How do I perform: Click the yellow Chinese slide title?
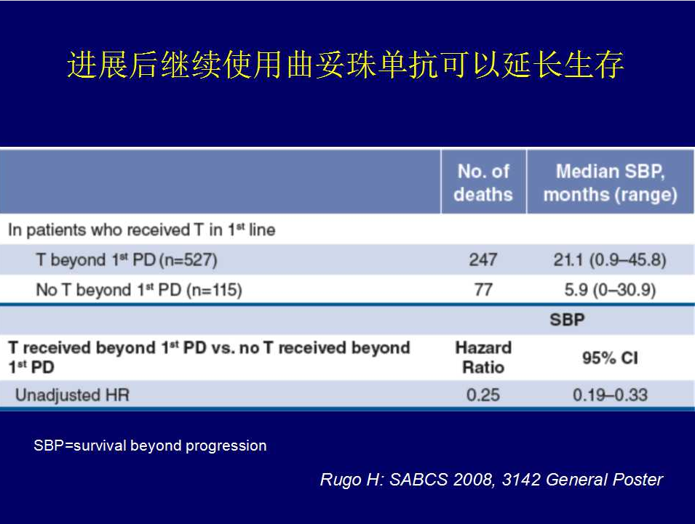[345, 65]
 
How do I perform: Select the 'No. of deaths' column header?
[483, 182]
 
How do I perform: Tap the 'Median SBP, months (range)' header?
[611, 182]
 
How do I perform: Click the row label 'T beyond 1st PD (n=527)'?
[127, 259]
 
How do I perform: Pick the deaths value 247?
[483, 259]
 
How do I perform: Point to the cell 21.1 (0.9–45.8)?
[610, 259]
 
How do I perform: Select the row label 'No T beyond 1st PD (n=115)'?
[139, 290]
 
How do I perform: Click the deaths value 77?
[483, 290]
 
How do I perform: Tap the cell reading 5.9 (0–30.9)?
[610, 290]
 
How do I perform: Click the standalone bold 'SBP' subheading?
[567, 320]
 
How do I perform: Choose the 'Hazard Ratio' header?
[483, 357]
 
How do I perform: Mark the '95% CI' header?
[610, 358]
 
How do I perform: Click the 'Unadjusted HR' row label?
[72, 395]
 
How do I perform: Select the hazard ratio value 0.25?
[483, 395]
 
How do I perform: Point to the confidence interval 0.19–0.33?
[610, 395]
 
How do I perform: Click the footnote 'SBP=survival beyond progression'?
[150, 446]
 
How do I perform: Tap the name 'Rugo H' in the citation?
[350, 480]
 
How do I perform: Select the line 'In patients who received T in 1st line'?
[142, 230]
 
